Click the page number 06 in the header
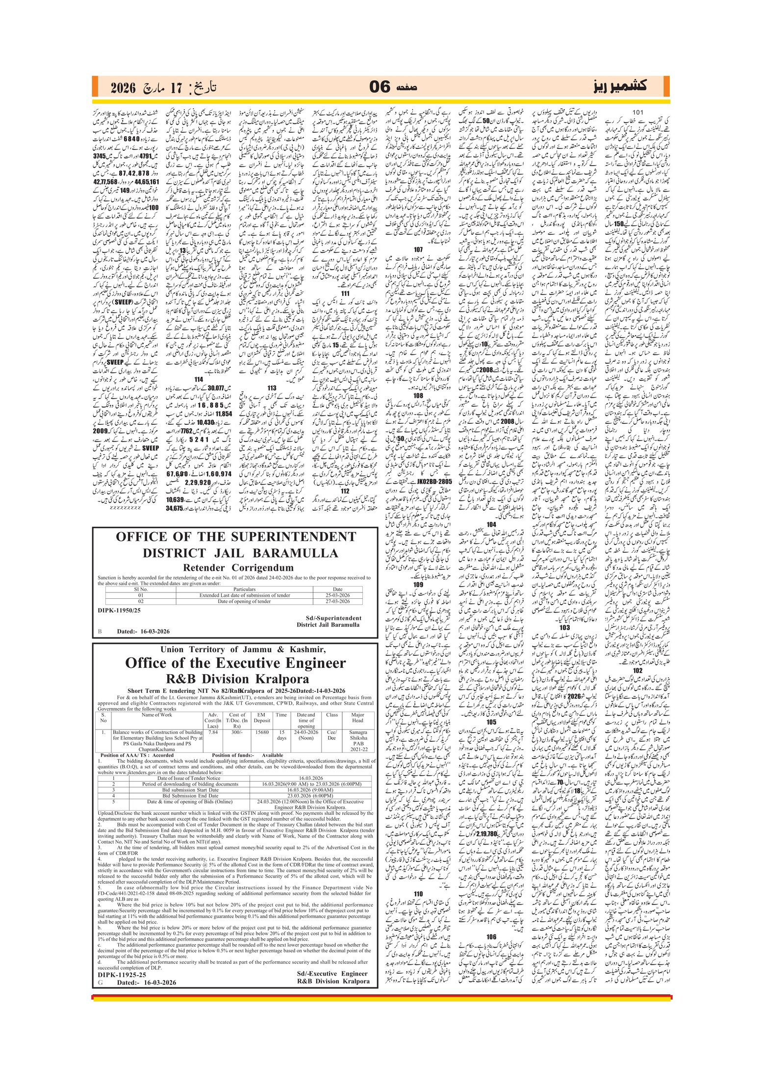point(380,87)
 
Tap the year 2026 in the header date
point(122,88)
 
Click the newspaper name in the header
point(620,87)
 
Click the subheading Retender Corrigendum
point(238,568)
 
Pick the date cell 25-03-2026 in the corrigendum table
point(337,595)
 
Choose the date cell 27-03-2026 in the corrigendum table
point(337,601)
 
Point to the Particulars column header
point(244,589)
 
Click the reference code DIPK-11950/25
point(119,611)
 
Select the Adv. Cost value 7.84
point(213,733)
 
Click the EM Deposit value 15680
point(262,733)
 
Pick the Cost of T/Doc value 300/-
point(237,733)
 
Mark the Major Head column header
point(357,718)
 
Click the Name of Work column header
point(157,715)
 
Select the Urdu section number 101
point(637,112)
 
